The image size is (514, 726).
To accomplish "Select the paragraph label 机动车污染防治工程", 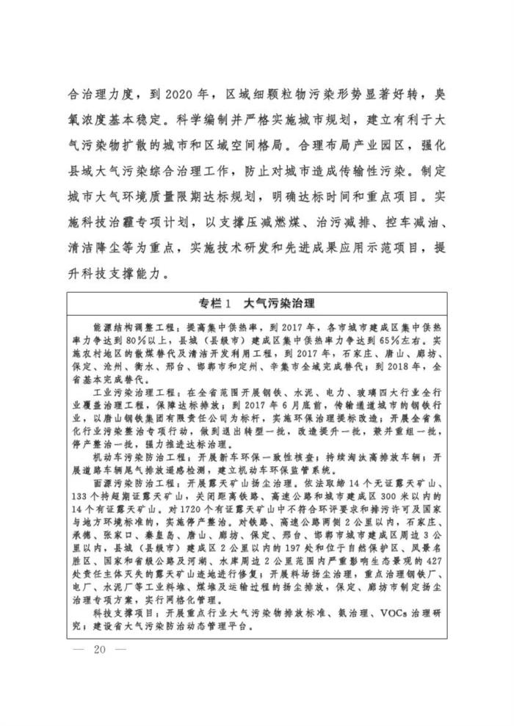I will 126,460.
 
